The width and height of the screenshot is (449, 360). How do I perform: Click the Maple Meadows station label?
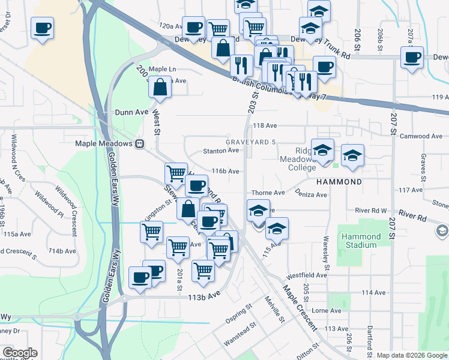pos(103,143)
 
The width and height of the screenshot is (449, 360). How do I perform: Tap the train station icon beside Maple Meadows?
pos(139,143)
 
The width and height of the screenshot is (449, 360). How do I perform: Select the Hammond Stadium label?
pos(361,241)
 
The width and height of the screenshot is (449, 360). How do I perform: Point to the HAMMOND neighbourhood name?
pos(340,181)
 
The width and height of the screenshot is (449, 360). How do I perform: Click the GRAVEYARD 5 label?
pos(250,142)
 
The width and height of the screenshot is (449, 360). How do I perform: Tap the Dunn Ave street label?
pos(131,112)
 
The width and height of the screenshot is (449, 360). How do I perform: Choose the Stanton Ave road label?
pos(221,151)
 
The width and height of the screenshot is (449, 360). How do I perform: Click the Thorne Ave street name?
pos(268,193)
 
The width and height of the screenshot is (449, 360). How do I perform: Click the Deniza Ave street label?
pos(311,194)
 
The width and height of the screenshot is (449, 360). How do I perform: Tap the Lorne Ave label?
pos(327,311)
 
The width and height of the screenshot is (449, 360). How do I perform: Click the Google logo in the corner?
pos(20,353)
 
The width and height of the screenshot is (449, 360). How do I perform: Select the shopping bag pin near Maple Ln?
pos(161,88)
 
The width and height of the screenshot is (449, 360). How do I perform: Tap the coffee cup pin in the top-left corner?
pos(42,29)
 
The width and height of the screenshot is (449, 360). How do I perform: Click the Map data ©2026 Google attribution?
pos(411,355)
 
